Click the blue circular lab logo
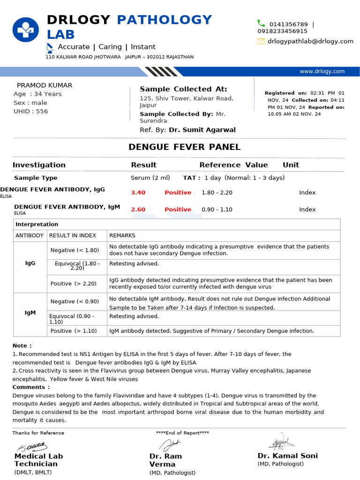click(x=26, y=31)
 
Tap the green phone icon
click(x=261, y=23)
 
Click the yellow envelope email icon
click(x=261, y=41)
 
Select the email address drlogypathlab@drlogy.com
click(x=310, y=41)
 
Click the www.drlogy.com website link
click(x=322, y=71)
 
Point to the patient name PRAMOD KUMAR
click(x=45, y=85)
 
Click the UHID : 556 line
click(x=31, y=111)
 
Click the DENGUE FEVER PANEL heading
click(x=184, y=147)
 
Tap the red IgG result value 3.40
click(x=138, y=193)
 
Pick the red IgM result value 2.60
click(x=138, y=210)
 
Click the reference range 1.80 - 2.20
click(x=217, y=193)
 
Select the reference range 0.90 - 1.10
click(x=217, y=210)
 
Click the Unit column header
click(x=291, y=165)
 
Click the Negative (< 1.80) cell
click(x=75, y=250)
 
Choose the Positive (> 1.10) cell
click(x=74, y=331)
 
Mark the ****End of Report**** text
click(x=182, y=433)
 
